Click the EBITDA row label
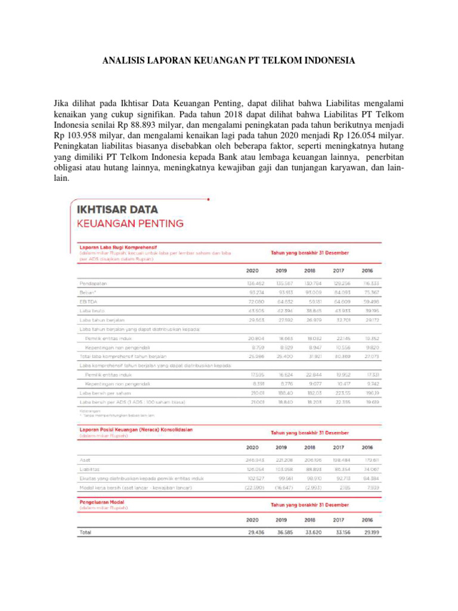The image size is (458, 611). [x=87, y=303]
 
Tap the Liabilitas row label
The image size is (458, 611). [x=89, y=469]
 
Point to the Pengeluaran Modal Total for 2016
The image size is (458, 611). [x=372, y=532]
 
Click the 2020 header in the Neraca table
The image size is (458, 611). [x=252, y=446]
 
